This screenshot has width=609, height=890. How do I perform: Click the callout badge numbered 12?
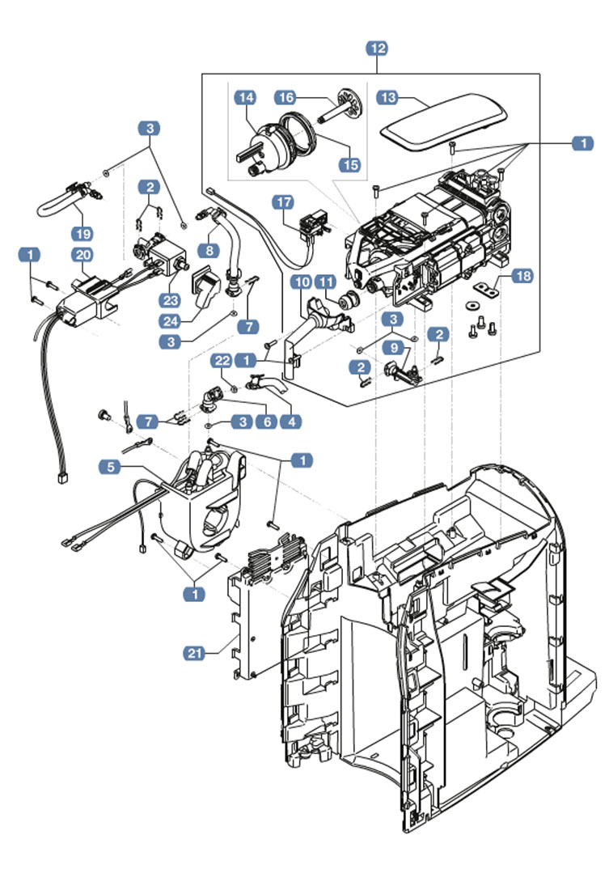coord(377,49)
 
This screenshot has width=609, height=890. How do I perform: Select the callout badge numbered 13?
coord(389,97)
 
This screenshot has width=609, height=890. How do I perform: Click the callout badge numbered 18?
coord(523,277)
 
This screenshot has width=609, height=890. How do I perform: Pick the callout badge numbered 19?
coord(81,233)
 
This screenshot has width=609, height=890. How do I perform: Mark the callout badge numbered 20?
coord(81,255)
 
